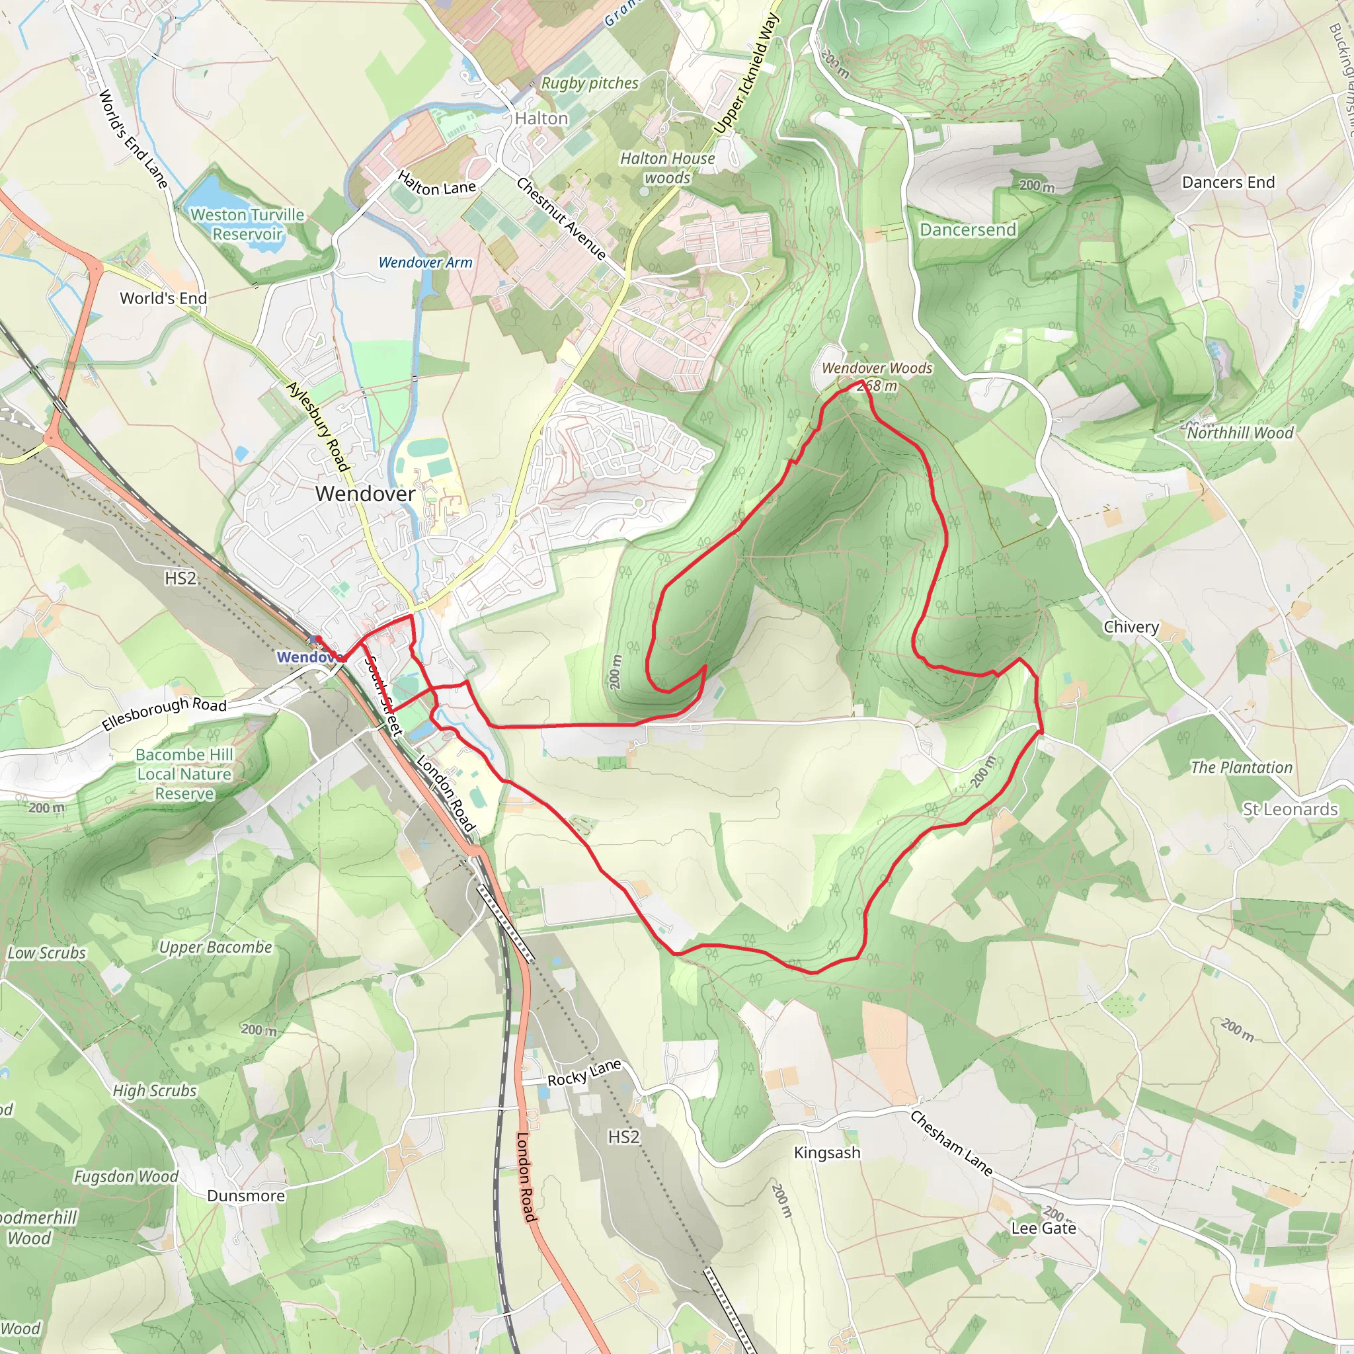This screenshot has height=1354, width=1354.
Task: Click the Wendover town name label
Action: (x=365, y=493)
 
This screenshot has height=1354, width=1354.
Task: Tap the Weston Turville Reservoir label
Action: (x=247, y=224)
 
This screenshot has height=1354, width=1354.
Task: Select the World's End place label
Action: (x=163, y=299)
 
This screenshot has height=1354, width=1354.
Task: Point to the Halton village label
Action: (x=541, y=118)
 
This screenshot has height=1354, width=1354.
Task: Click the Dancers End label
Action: (x=1228, y=182)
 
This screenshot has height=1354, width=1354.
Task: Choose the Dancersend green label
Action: (x=967, y=230)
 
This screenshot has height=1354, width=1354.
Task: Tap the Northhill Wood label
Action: (x=1240, y=433)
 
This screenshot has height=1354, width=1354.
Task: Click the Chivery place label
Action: (x=1131, y=627)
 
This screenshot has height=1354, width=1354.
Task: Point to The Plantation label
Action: (x=1241, y=768)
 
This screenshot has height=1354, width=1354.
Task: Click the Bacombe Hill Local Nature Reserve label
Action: (x=184, y=774)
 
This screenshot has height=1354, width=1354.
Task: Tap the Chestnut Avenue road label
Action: (x=561, y=218)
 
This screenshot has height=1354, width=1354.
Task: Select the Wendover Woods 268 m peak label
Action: (x=877, y=376)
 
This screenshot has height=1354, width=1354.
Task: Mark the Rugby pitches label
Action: (x=590, y=83)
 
